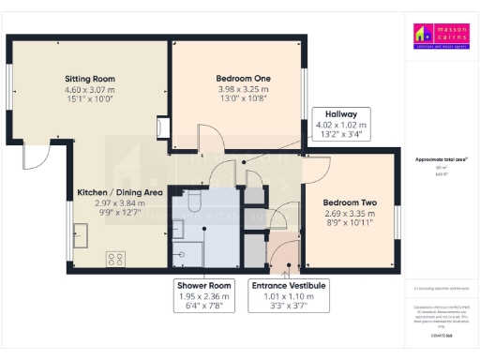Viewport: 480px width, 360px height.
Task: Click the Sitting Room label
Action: point(89,79)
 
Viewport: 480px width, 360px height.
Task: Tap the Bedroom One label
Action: point(245,78)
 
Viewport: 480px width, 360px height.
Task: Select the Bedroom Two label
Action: point(349,202)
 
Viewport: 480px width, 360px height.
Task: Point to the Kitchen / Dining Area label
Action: point(120,192)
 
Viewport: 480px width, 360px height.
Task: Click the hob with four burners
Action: point(117,258)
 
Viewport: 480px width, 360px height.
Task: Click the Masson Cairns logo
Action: point(439,36)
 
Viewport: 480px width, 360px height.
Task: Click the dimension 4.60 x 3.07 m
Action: point(89,90)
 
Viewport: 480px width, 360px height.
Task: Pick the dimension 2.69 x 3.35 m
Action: point(349,214)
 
